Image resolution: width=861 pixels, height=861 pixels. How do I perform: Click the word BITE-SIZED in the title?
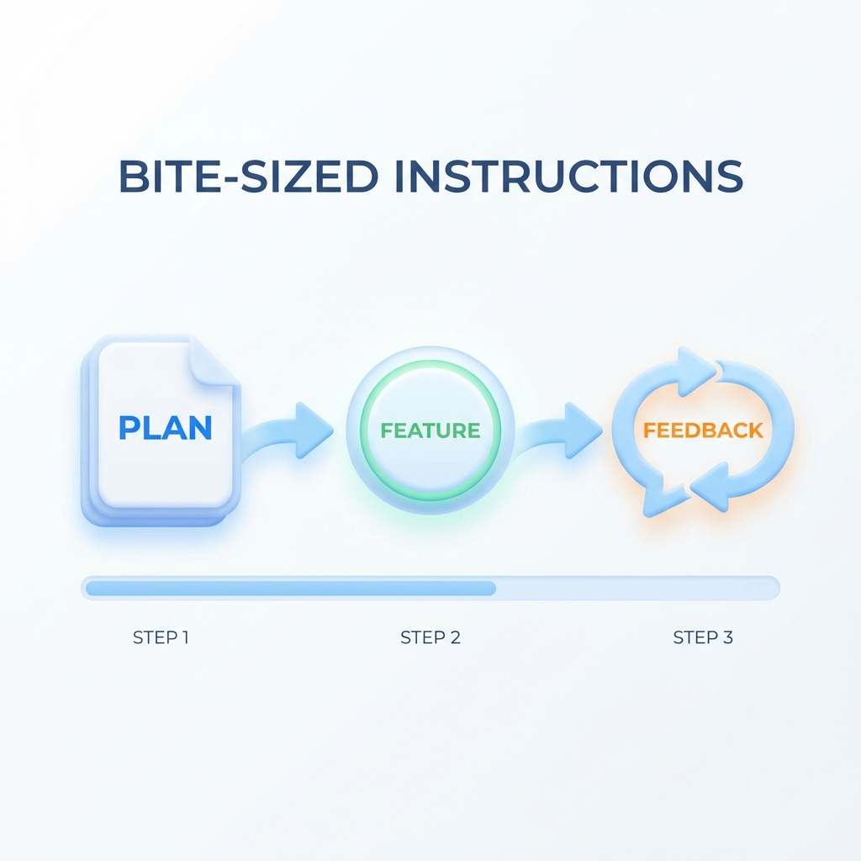pos(248,177)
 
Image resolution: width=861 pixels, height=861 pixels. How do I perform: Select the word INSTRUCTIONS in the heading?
pos(569,177)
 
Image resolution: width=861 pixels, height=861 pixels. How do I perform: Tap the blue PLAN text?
pos(166,428)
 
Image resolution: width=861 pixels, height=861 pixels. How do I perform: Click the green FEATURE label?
pos(430,430)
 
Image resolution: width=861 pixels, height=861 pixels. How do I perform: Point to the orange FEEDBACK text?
pos(704,430)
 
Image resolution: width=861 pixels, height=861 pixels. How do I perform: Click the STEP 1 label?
pos(161,637)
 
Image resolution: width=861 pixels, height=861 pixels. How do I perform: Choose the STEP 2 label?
pos(430,637)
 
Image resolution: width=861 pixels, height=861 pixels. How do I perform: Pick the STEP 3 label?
pos(703,637)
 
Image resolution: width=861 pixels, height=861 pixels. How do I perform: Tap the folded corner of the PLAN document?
pos(214,360)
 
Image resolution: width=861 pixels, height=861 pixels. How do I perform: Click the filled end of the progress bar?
pos(492,588)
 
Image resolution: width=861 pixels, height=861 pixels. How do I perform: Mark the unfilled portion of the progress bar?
pos(637,588)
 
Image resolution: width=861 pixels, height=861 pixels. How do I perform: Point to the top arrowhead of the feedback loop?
pos(696,371)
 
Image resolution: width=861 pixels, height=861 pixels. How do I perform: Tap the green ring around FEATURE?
pos(430,362)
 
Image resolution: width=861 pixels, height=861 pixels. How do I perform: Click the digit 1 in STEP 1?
pos(186,637)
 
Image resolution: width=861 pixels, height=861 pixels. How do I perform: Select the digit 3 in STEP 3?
pos(727,637)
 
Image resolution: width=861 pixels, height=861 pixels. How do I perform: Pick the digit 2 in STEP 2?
pos(455,637)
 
